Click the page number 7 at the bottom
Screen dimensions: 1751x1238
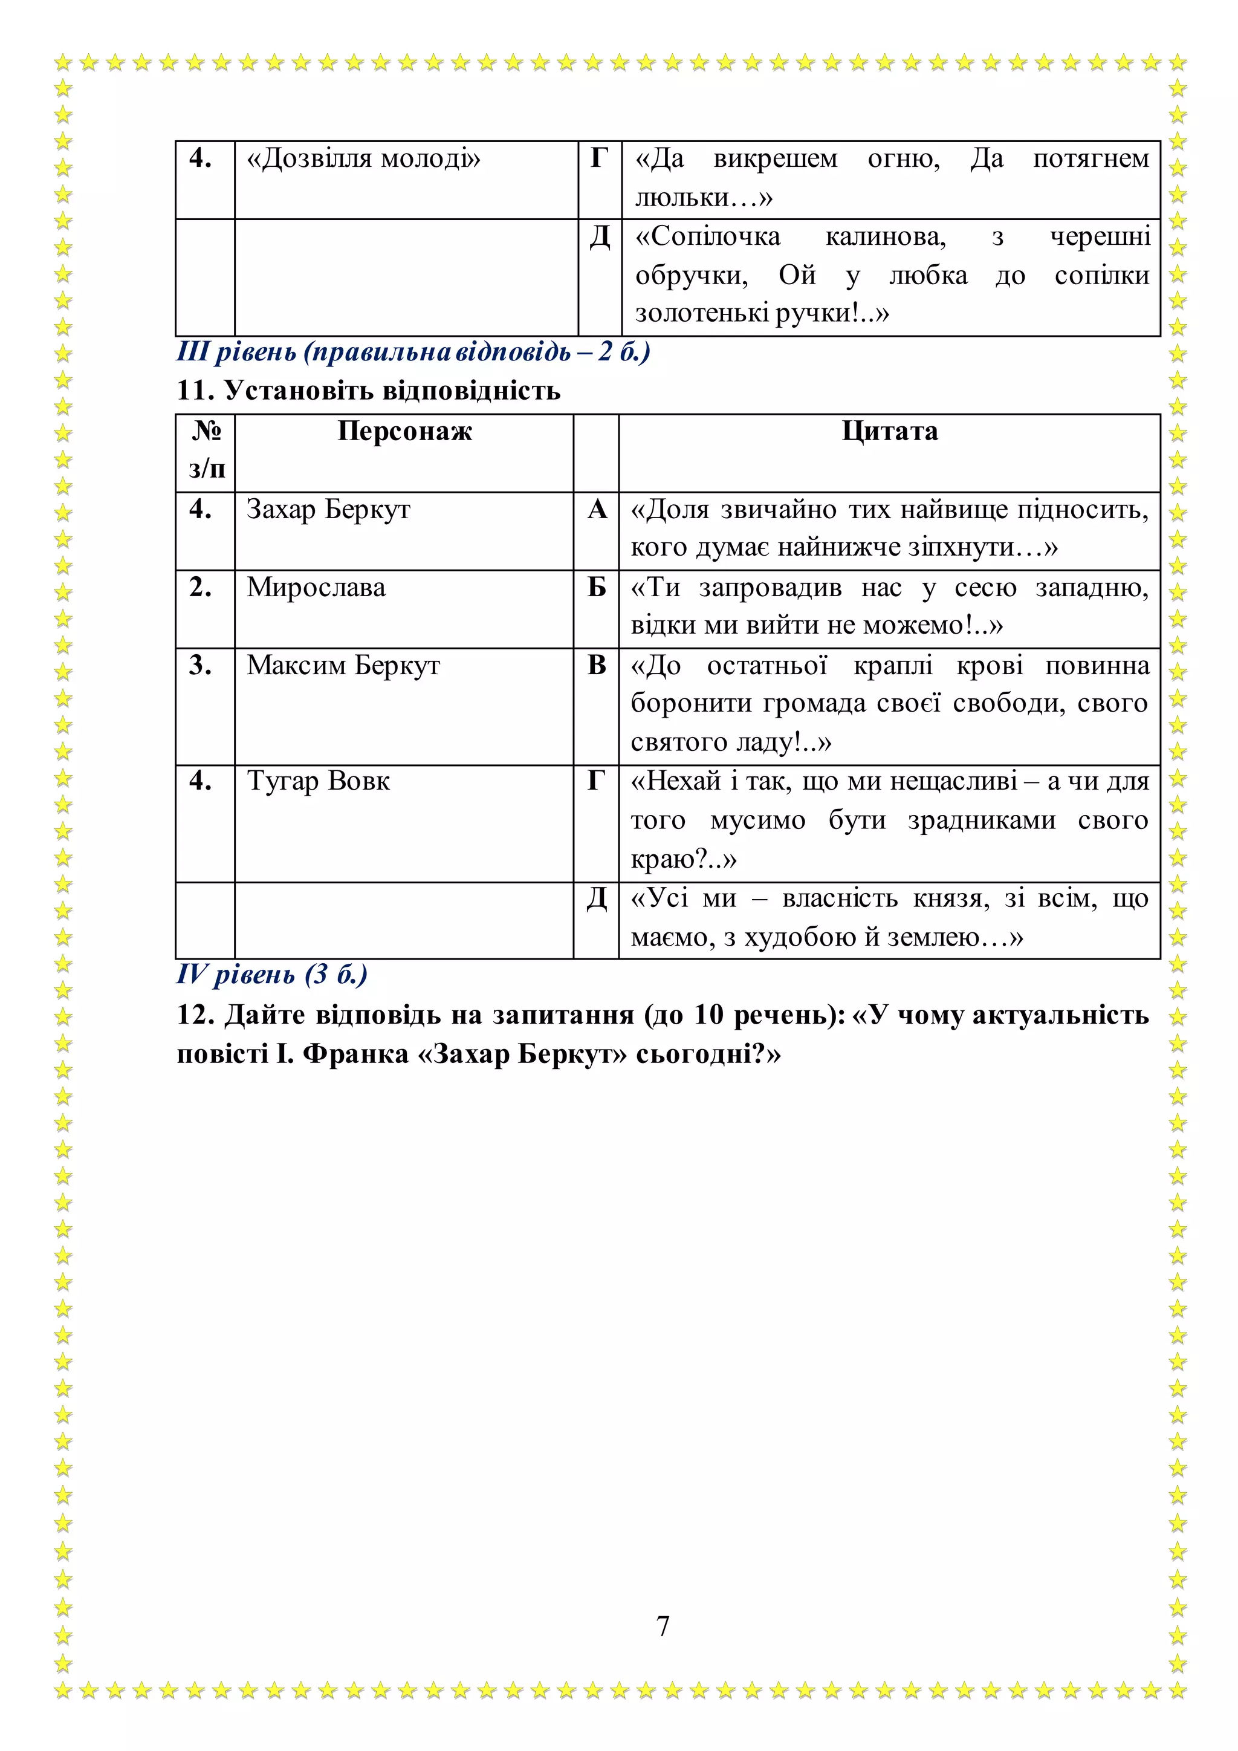coord(663,1626)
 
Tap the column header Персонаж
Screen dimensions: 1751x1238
coord(405,432)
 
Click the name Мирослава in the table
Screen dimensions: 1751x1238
coord(316,587)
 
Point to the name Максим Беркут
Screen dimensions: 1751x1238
coord(343,666)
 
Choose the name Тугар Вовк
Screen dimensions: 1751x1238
coord(318,782)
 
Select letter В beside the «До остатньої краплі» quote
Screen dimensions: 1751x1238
coord(597,666)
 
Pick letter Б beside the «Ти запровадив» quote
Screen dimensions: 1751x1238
coord(597,587)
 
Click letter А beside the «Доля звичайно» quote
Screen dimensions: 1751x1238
coord(597,510)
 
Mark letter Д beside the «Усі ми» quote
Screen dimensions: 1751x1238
coord(597,899)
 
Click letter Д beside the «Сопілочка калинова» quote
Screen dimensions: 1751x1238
coord(600,237)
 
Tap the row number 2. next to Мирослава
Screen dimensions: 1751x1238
coord(201,587)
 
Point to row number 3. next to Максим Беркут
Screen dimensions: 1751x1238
coord(201,666)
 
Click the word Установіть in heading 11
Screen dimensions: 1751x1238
coord(298,391)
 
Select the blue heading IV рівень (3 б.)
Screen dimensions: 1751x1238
coord(271,975)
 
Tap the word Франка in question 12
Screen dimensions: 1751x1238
coord(355,1054)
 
